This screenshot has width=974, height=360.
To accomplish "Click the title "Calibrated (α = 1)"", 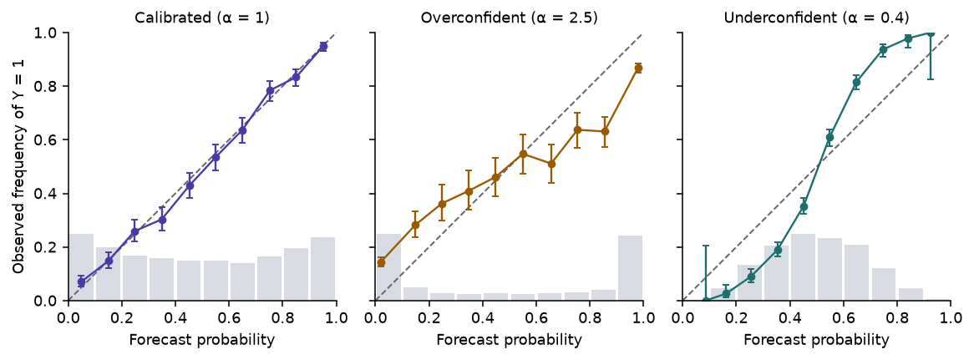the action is click(x=202, y=18).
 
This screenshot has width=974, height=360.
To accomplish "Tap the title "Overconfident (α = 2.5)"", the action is click(x=510, y=18).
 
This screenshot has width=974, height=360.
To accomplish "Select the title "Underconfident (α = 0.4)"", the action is click(x=816, y=18).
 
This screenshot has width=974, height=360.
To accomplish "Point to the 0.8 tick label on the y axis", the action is click(x=48, y=86).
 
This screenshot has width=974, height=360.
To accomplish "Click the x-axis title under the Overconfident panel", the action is click(x=510, y=340).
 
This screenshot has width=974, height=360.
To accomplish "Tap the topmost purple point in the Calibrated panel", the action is click(x=323, y=47).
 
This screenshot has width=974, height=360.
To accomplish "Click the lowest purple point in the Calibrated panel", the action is click(x=81, y=282).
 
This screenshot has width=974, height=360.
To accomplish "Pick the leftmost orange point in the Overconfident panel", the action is click(x=381, y=262).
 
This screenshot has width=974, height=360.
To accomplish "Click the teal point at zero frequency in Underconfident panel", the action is click(x=706, y=301).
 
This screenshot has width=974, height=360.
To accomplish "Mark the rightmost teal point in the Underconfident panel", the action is click(x=930, y=33).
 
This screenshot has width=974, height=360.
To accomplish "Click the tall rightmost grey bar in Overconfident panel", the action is click(x=630, y=268).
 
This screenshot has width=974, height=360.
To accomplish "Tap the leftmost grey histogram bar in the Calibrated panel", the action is click(x=81, y=267).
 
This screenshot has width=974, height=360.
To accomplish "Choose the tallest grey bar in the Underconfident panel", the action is click(x=803, y=267).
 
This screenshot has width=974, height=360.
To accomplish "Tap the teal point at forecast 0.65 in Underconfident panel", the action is click(x=856, y=83).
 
